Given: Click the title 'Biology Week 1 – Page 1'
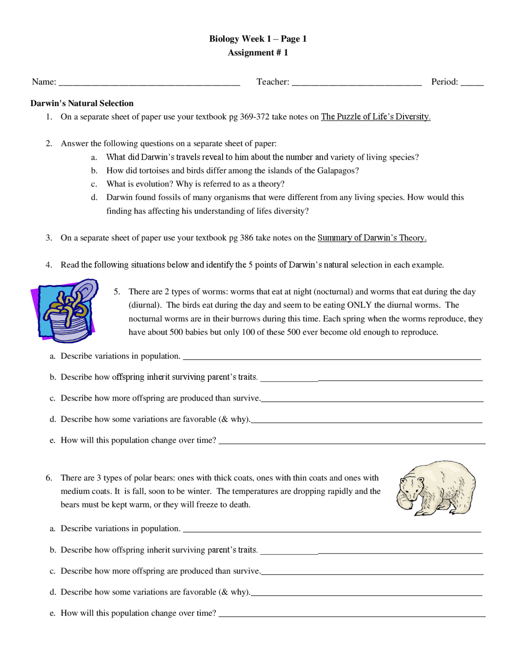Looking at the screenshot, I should coord(258,39).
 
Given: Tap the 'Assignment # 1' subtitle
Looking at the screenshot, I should coord(258,52).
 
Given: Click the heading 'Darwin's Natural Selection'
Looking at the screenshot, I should coord(82,103).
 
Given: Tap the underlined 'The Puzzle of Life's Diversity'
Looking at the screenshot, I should coord(375,117).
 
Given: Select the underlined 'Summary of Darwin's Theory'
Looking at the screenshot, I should coord(372,238).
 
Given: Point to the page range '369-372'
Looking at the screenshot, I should coord(254,117).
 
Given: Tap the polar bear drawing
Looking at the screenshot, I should coord(436,488).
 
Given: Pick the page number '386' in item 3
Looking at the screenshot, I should coord(246,238).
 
